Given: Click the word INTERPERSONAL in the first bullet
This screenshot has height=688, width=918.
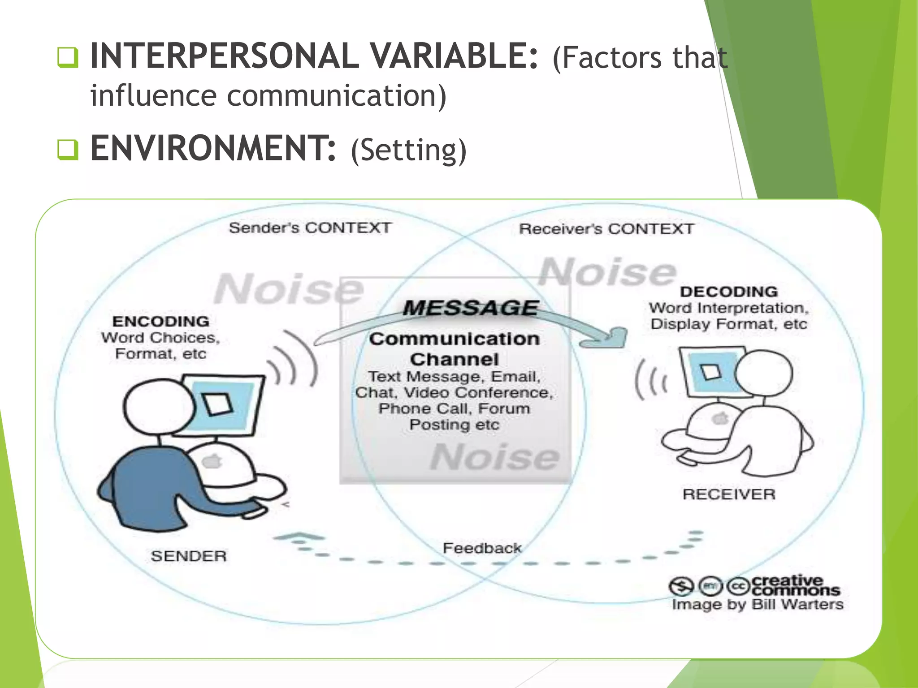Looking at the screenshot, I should click(224, 56).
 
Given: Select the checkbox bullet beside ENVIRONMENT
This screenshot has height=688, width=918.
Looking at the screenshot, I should click(68, 150).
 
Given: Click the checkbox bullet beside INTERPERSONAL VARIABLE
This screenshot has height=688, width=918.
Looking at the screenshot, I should click(68, 57).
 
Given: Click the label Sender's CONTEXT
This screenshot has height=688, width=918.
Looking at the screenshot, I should click(310, 228).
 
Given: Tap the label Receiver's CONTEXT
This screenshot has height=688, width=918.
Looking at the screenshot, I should click(606, 229).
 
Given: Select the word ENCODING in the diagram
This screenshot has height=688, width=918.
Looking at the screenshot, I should click(160, 321).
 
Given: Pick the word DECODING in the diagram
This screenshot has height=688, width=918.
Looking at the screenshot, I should click(728, 292).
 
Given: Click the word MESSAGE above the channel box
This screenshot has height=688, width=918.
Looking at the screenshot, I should click(470, 308).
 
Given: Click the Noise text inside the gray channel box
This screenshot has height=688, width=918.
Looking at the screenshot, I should click(495, 457).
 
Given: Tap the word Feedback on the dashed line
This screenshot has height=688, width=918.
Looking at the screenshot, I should click(482, 548).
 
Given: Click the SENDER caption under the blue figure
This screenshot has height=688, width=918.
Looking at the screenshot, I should click(188, 556).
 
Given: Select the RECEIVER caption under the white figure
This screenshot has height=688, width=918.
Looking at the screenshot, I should click(729, 494).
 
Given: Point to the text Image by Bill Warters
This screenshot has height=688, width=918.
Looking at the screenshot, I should click(757, 604).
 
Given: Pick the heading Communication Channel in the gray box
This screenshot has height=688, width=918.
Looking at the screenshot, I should click(454, 349).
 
